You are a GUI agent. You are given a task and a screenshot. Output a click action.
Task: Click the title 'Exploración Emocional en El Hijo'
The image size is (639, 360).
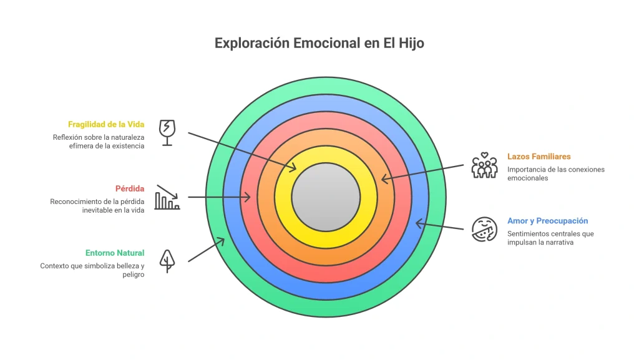pos(319,43)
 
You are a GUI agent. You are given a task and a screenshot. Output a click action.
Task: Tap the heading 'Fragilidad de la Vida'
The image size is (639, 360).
pos(106,124)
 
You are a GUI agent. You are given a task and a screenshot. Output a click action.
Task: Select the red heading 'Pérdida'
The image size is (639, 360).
pos(130,188)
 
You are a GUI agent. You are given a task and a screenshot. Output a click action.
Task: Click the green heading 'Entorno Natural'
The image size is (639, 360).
pos(115,253)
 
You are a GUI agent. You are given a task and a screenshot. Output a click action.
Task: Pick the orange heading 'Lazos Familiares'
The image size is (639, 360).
pos(539,157)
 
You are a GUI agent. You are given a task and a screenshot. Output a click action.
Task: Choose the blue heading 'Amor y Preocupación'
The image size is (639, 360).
pos(548,221)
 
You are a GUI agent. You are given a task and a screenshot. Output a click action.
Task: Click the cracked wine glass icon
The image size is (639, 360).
pos(167,133)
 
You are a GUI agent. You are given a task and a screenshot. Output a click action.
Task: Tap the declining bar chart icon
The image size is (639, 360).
pos(167,197)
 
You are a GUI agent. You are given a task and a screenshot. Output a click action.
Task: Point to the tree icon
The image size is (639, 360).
pos(167,261)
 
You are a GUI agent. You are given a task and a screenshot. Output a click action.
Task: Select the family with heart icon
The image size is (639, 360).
pos(484,165)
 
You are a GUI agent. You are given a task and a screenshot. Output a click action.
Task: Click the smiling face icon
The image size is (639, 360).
pos(484,229)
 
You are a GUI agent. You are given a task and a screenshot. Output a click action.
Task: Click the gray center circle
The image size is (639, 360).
pos(326,197)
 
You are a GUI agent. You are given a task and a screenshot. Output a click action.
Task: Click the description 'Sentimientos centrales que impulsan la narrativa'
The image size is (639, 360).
pos(550,238)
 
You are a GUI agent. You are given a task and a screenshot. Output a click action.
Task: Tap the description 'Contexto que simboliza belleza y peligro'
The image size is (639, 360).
pos(92,270)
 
